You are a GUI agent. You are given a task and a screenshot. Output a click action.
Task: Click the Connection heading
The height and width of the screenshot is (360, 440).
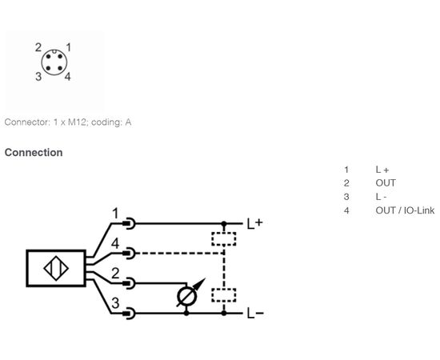coord(34,153)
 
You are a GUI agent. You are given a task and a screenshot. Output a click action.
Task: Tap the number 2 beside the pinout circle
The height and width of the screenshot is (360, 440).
coord(38,47)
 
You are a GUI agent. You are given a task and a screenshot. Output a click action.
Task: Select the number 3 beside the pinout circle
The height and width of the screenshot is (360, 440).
coord(38,76)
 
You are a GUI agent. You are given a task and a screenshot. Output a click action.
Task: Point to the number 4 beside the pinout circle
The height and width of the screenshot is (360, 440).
coord(68,76)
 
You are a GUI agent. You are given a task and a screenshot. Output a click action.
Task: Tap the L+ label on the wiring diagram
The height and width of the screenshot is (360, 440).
coord(254,224)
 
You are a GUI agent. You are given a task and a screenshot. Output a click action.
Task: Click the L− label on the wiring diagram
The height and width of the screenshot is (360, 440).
coord(255,314)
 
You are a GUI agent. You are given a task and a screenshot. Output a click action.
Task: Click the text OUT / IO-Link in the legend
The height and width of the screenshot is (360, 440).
coord(405,210)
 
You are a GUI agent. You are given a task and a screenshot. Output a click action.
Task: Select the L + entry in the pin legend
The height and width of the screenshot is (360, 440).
coord(382,170)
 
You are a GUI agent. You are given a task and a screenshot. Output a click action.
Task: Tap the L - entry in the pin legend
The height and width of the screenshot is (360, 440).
coord(381,197)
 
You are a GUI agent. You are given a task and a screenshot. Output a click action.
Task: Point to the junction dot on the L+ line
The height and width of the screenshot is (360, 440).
coord(224,224)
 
